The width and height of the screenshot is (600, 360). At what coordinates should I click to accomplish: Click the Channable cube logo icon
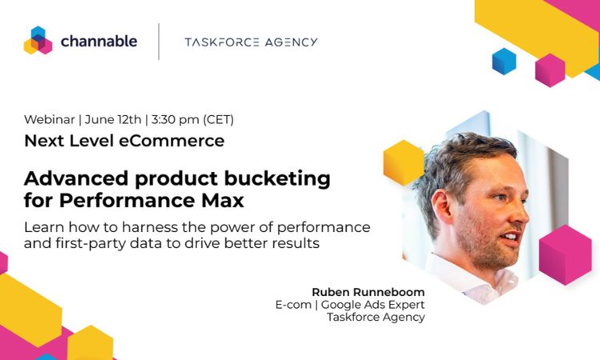click(x=38, y=40)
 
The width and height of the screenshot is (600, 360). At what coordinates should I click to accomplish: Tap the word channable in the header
click(x=98, y=41)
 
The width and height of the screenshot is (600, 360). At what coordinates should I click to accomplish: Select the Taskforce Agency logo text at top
click(x=251, y=42)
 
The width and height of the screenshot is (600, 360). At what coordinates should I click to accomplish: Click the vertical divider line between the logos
click(x=159, y=42)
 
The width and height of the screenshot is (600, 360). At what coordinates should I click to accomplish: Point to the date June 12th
click(x=113, y=120)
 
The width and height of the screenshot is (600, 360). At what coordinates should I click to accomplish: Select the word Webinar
click(x=50, y=119)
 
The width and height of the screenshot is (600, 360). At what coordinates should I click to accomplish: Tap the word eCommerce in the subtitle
click(x=171, y=141)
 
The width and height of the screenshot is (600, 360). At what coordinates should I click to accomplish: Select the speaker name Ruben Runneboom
click(x=368, y=292)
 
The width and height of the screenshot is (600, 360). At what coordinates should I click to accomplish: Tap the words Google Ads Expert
click(x=373, y=305)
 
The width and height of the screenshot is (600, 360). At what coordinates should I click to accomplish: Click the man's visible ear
click(x=442, y=206)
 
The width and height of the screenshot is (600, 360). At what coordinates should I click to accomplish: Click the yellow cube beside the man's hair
click(x=403, y=162)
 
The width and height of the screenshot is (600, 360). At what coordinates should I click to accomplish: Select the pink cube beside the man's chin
click(x=565, y=254)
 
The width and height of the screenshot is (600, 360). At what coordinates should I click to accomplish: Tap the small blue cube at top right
click(x=504, y=62)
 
